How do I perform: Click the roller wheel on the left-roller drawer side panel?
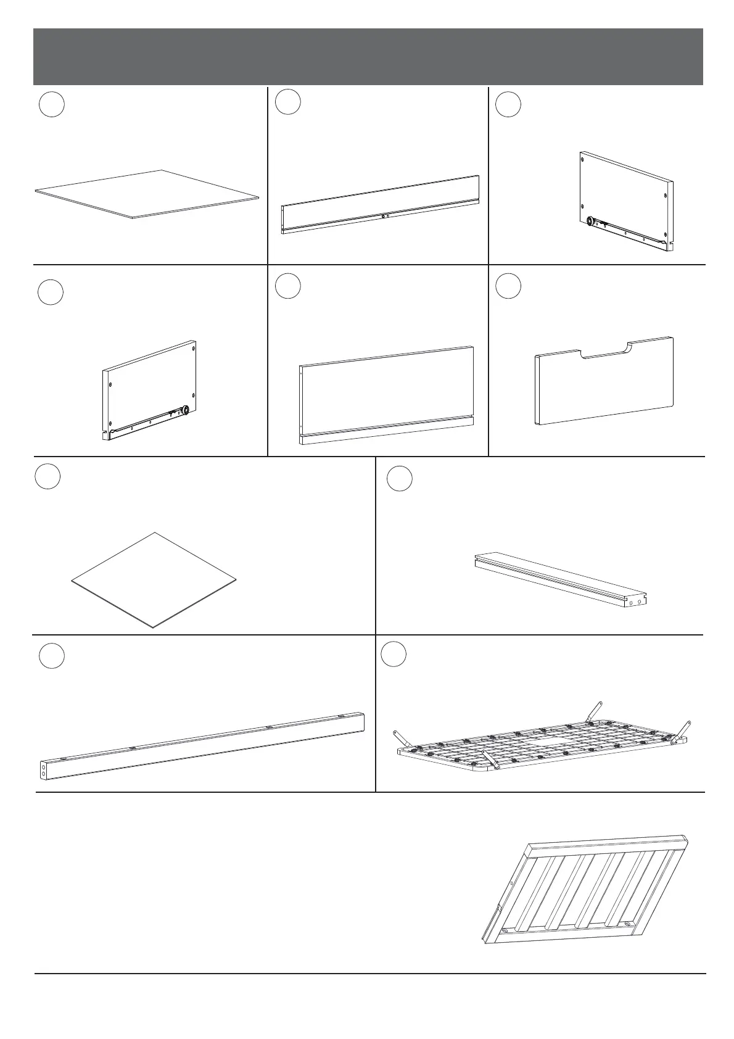(590, 220)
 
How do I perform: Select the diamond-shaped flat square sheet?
(154, 579)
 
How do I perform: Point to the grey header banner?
(368, 56)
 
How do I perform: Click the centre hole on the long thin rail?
(383, 217)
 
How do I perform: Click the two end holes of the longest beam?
(43, 769)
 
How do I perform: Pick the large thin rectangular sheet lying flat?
(147, 194)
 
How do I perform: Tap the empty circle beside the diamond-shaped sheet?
(47, 477)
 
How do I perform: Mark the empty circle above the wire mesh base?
(393, 655)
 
